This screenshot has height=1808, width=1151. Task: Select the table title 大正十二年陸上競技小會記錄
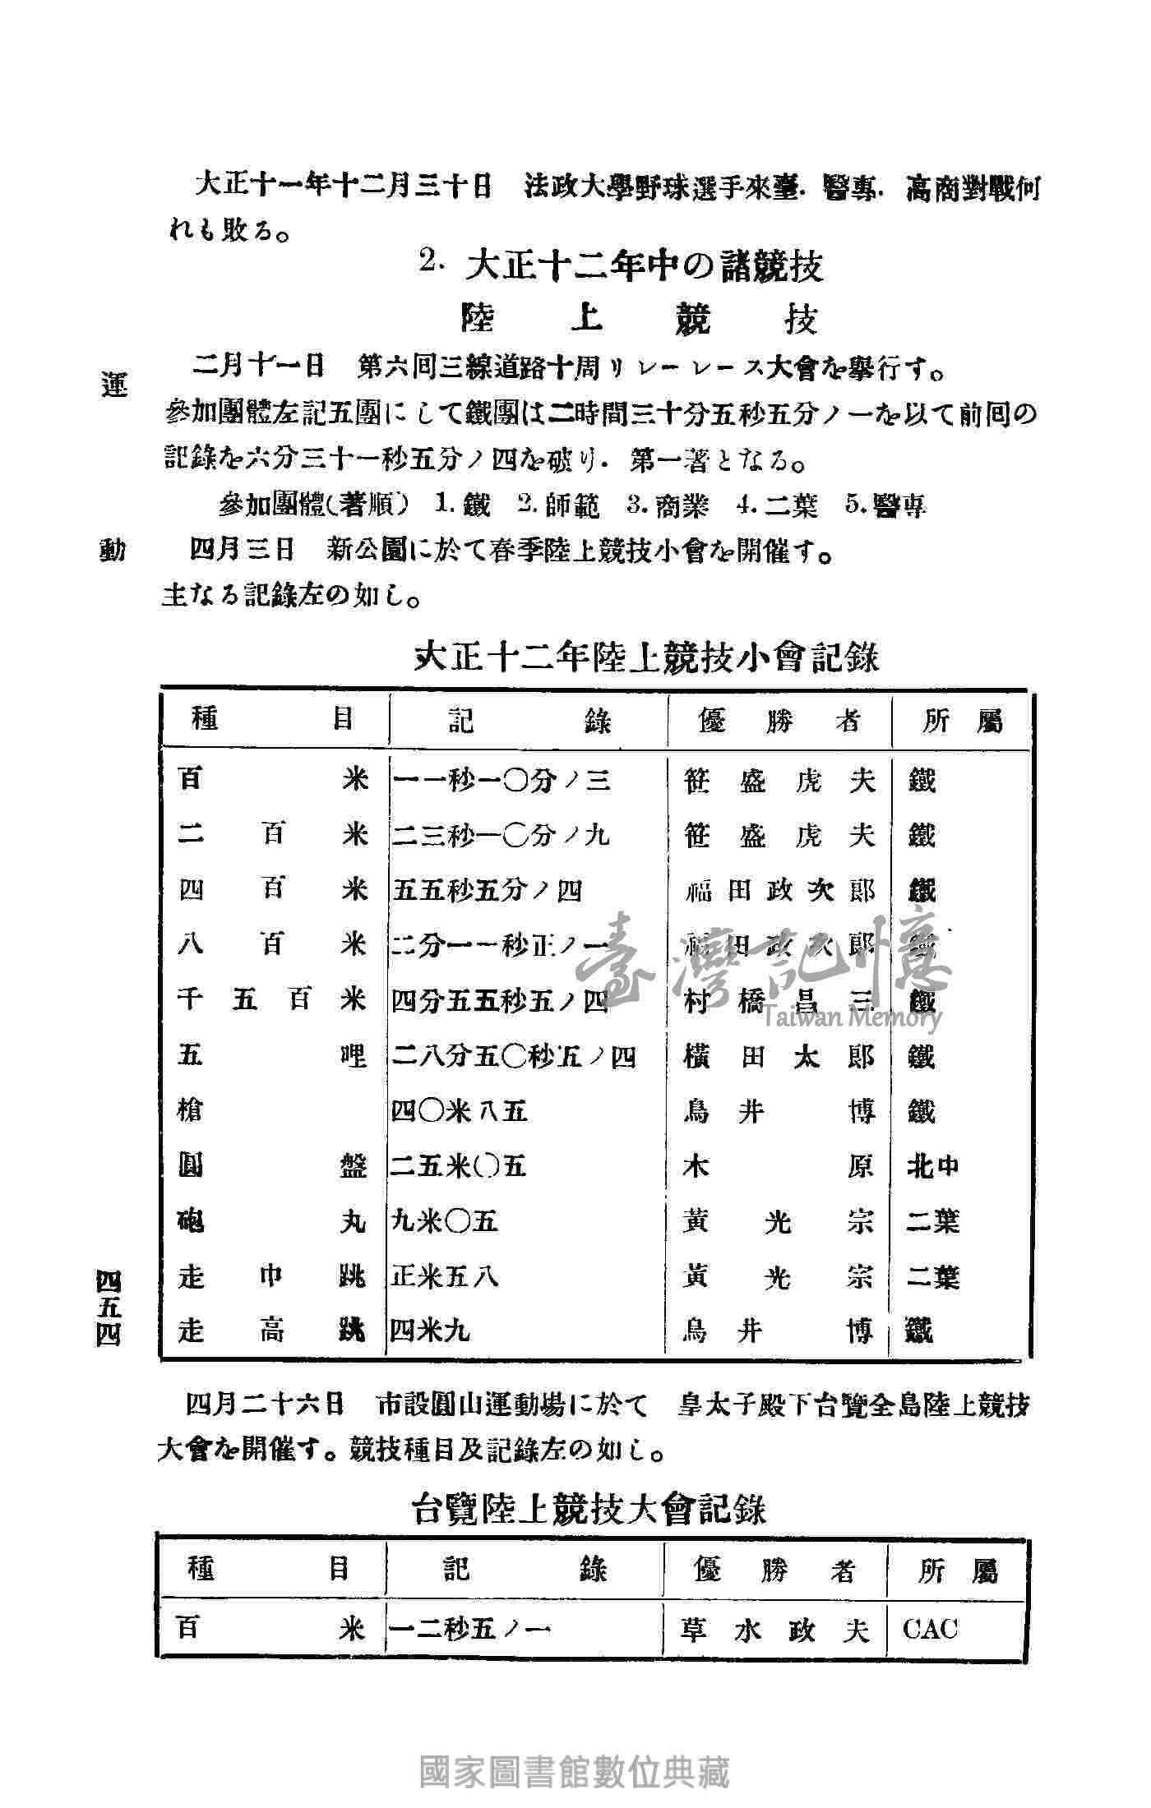(645, 657)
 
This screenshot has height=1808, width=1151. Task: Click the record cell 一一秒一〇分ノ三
(501, 779)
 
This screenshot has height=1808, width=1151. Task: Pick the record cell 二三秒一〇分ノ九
(501, 835)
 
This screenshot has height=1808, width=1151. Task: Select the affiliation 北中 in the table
(932, 1166)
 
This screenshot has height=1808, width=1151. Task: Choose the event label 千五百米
(272, 1001)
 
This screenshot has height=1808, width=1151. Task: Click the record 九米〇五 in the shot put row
(444, 1222)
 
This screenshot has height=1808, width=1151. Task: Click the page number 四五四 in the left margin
(108, 1307)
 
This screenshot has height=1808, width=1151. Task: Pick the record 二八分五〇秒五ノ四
(513, 1056)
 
